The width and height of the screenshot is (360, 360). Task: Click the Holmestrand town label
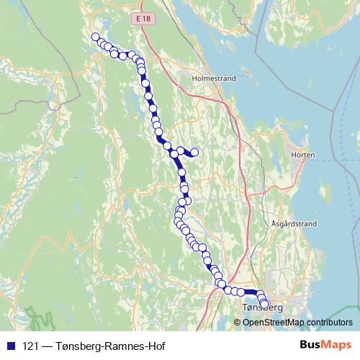click(x=210, y=73)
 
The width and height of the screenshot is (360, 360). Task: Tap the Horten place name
click(x=301, y=155)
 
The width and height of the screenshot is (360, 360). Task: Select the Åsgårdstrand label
click(x=294, y=224)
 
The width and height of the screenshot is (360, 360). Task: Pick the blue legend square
click(x=9, y=345)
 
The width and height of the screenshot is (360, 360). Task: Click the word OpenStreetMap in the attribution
click(x=274, y=322)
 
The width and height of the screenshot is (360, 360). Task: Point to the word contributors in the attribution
click(x=330, y=322)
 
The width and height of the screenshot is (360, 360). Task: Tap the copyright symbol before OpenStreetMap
click(x=238, y=322)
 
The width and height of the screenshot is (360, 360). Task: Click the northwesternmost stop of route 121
click(x=95, y=37)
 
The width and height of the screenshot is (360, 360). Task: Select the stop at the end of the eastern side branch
click(x=194, y=151)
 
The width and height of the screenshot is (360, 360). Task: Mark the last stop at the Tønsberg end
click(x=264, y=304)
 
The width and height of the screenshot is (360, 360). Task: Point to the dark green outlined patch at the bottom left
click(x=35, y=317)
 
